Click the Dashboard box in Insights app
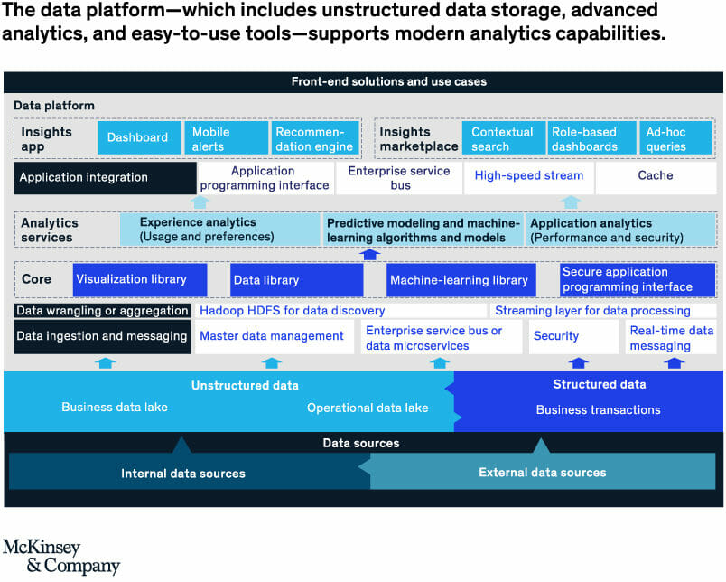coord(137,137)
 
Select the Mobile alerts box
coord(224,138)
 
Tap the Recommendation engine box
coord(313,138)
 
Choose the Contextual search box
coord(504,138)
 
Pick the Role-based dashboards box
coord(590,138)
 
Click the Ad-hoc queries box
coord(675,138)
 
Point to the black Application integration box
coord(105,177)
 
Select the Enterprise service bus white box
coord(398,178)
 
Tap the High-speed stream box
coord(528,176)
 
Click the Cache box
coord(656,176)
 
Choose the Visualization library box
coord(139,280)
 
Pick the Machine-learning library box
coord(459,280)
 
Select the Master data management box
coord(272,336)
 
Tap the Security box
coord(573,336)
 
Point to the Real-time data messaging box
coord(672,338)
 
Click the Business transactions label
coord(598,410)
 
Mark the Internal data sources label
coord(183,474)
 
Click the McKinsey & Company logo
coord(60,557)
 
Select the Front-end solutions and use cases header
coord(363,81)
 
